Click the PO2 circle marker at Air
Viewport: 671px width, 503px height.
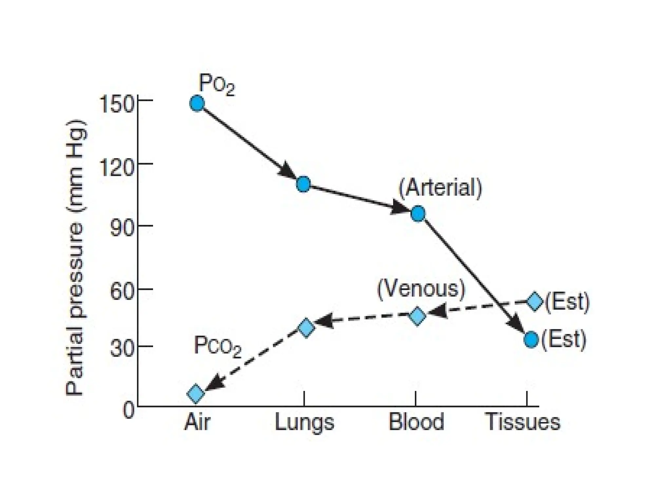pyautogui.click(x=197, y=103)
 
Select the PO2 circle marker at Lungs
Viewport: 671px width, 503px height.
pyautogui.click(x=303, y=184)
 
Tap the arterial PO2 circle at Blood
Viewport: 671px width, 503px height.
pyautogui.click(x=418, y=214)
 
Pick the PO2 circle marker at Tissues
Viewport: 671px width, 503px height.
pyautogui.click(x=531, y=339)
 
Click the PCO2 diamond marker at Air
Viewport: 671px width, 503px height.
pyautogui.click(x=196, y=393)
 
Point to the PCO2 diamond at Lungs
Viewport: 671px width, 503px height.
pyautogui.click(x=306, y=327)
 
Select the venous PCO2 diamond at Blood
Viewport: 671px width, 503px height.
pyautogui.click(x=417, y=316)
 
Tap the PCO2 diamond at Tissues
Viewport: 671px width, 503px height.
pyautogui.click(x=534, y=302)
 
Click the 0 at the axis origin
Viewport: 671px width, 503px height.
pyautogui.click(x=128, y=410)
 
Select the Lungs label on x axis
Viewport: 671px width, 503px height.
pyautogui.click(x=304, y=422)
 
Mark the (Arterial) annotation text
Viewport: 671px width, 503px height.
pyautogui.click(x=440, y=188)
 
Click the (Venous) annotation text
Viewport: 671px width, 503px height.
pyautogui.click(x=421, y=289)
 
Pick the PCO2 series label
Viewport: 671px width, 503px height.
pyautogui.click(x=218, y=346)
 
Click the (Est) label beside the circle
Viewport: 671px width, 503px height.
pyautogui.click(x=564, y=340)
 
